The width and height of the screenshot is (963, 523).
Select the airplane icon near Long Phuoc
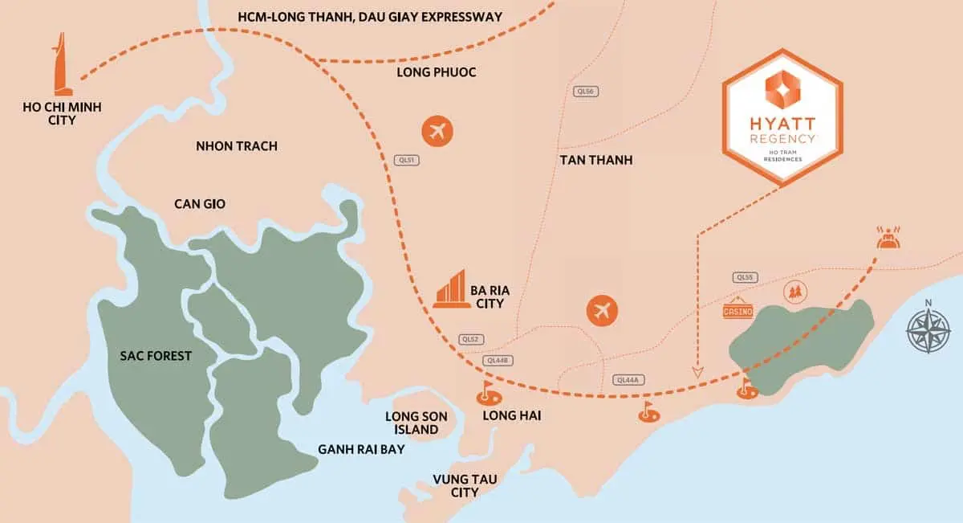pos(437,130)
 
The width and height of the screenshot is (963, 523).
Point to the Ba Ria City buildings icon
pos(450,288)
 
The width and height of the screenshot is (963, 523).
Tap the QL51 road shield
pos(408,160)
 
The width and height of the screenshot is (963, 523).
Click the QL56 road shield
pos(585,92)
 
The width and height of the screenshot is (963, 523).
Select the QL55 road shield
pos(745,277)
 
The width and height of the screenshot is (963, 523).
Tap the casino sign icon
pos(737,310)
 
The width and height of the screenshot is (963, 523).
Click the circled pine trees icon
pos(795,292)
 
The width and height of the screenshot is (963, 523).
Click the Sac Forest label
pos(155,355)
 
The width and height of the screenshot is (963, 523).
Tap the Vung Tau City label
pos(465,485)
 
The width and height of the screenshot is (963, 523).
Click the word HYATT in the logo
pos(782,125)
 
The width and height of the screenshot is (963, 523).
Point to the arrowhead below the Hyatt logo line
pos(697,372)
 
